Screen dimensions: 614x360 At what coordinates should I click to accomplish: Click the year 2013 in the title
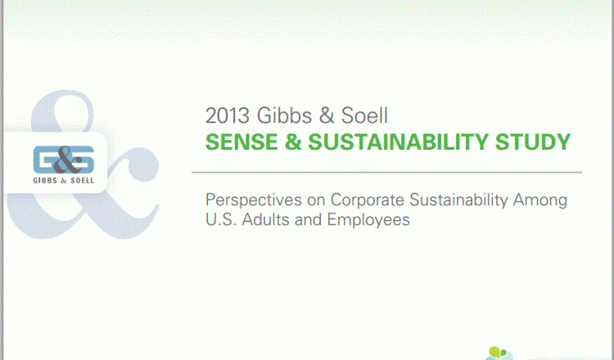coord(228,116)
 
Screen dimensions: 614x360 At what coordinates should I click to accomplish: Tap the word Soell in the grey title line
coord(364,116)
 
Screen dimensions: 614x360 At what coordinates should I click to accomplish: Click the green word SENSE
coord(242,142)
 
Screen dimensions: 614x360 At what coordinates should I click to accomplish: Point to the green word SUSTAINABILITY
coord(398,142)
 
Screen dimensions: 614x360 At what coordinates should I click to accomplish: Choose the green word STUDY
coord(533,142)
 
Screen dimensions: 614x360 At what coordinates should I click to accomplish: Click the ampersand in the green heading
coord(293,142)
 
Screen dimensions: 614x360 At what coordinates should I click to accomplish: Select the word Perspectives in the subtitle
coord(254,200)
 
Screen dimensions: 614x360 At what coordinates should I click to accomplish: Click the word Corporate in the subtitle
coord(368,200)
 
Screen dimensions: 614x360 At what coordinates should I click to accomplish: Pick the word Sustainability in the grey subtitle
coord(458,200)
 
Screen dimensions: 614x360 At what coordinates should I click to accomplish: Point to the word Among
coord(540,200)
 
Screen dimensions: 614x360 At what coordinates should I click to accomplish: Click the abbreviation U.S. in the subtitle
coord(221,219)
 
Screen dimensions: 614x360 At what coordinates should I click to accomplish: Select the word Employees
coord(368,220)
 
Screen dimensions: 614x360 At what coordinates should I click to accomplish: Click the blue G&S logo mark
coord(63,160)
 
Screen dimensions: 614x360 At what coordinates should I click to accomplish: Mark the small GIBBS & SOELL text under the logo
coord(63,180)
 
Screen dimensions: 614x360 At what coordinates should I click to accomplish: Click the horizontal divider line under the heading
coord(387,172)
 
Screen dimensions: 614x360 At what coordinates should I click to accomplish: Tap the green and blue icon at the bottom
coord(499,353)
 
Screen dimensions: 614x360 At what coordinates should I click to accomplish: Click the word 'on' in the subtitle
coord(316,200)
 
